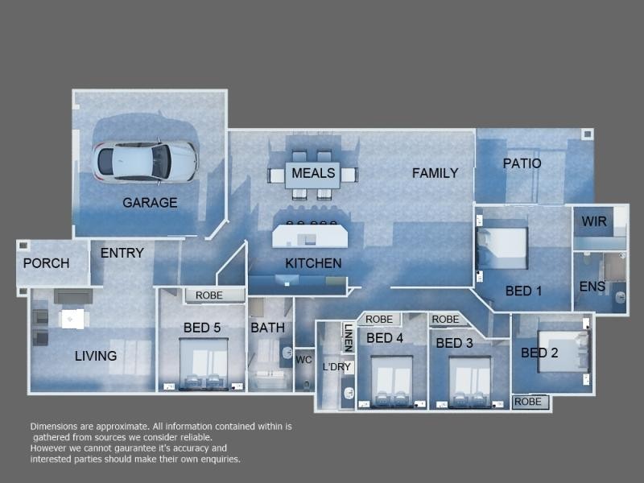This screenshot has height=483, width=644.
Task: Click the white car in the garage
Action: [145, 162]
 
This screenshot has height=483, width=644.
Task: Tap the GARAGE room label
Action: [150, 203]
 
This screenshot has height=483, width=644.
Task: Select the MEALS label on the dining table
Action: [313, 173]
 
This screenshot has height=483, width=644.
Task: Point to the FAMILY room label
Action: [435, 173]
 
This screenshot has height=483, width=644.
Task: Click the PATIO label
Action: [522, 163]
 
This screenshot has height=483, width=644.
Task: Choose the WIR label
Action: [594, 221]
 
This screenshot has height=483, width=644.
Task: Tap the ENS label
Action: [592, 287]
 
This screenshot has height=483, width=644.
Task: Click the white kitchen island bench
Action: [310, 236]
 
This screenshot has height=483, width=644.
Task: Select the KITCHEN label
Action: [313, 263]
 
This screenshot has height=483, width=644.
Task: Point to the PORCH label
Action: [46, 263]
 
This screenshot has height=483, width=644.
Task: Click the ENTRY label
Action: [122, 253]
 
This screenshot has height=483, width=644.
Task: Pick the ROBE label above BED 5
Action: [209, 295]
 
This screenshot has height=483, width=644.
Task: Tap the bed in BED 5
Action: [204, 364]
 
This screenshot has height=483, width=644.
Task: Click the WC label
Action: [303, 360]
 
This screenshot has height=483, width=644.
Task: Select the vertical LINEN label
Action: [349, 337]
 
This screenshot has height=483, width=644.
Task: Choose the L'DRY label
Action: [336, 367]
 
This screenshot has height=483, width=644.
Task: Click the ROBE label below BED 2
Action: [528, 402]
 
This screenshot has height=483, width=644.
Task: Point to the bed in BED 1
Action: [502, 249]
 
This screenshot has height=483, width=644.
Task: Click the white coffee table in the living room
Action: [72, 319]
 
